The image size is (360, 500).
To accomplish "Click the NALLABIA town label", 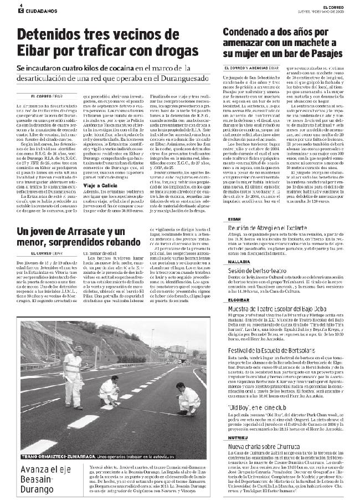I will click(x=239, y=261).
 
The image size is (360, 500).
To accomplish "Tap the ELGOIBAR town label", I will click(x=239, y=299).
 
